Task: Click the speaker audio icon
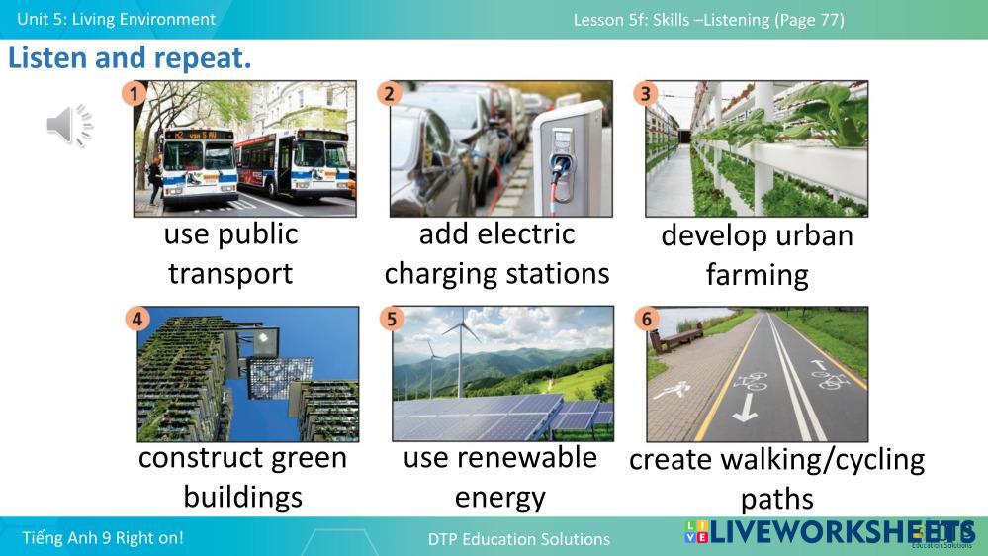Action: (69, 126)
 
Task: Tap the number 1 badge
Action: (134, 94)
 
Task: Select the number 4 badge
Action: (137, 319)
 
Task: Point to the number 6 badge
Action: (647, 319)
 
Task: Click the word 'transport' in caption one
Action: (230, 274)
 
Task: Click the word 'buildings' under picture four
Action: (242, 498)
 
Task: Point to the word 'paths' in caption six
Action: (777, 500)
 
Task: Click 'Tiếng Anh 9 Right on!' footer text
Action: (103, 538)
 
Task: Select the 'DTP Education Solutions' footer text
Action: (518, 539)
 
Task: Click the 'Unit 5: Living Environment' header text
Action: (116, 19)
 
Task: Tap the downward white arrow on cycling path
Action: (746, 408)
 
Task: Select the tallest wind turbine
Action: (462, 353)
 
